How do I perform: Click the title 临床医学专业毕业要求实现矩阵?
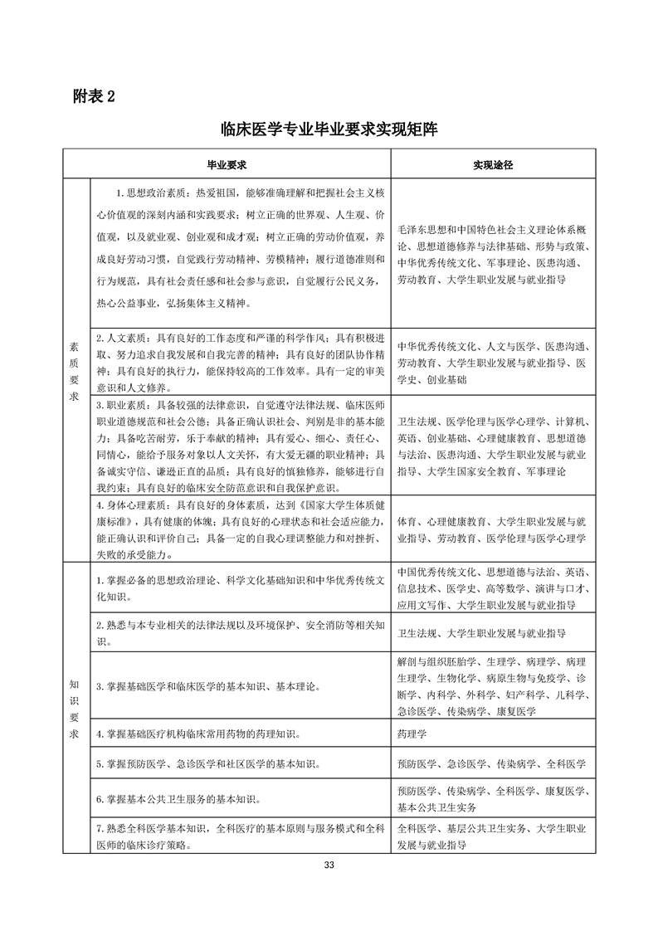[x=329, y=129]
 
